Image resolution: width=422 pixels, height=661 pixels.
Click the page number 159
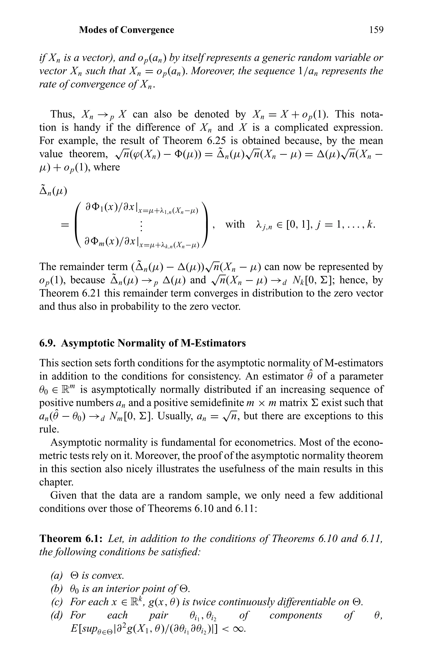tap(376, 30)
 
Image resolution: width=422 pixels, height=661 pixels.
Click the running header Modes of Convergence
tap(127, 30)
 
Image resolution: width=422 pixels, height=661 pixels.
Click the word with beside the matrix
tap(235, 224)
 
